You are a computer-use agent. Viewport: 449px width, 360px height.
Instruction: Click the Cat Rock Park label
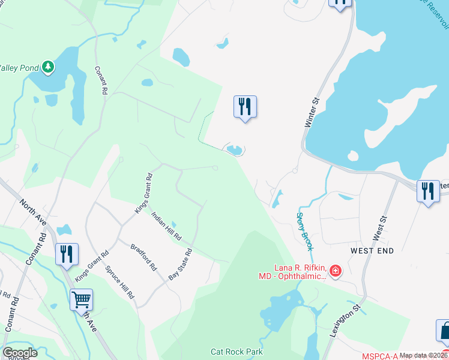pos(237,352)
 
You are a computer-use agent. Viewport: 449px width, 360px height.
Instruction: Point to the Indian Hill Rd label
pos(166,226)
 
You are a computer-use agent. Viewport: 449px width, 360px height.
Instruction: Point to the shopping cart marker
pos(81,298)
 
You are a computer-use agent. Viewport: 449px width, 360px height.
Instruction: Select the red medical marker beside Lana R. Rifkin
pos(335,272)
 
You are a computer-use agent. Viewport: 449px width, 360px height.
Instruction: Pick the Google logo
pos(20,353)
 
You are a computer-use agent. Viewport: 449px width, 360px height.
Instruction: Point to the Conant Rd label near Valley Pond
pos(100,80)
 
